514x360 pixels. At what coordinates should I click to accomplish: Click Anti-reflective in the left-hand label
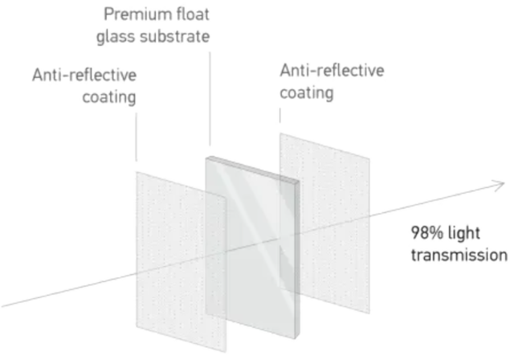84,76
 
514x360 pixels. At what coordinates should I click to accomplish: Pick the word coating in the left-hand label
108,97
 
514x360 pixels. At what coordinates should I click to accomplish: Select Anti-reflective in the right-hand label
332,70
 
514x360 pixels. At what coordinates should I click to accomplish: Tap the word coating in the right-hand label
306,92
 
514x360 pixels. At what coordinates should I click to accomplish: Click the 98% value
426,234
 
